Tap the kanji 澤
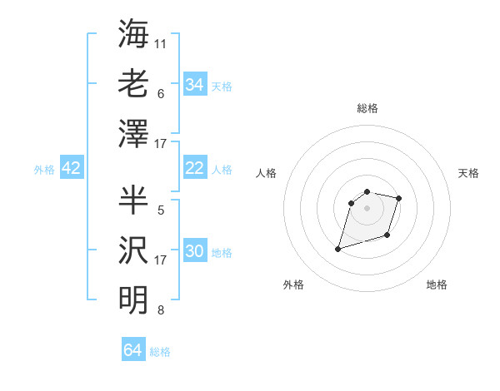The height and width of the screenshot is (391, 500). (133, 132)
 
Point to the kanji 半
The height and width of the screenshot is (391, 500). (133, 199)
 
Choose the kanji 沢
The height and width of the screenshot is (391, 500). (133, 249)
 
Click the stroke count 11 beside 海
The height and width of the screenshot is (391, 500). (161, 43)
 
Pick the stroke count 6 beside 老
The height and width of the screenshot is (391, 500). (160, 93)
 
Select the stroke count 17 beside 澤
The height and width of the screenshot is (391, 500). (161, 144)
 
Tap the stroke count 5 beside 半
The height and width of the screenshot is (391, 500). (160, 210)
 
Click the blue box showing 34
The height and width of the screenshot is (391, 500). (195, 85)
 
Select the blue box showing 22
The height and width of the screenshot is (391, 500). (195, 168)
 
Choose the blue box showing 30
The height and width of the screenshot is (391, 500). (195, 251)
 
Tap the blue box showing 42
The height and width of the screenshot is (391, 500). (72, 168)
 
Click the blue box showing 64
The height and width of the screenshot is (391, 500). (133, 350)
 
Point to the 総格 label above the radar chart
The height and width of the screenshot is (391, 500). (367, 108)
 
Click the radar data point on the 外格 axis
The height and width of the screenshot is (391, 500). (338, 249)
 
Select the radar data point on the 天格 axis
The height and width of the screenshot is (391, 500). (399, 198)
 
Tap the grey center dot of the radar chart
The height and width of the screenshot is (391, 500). (367, 208)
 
